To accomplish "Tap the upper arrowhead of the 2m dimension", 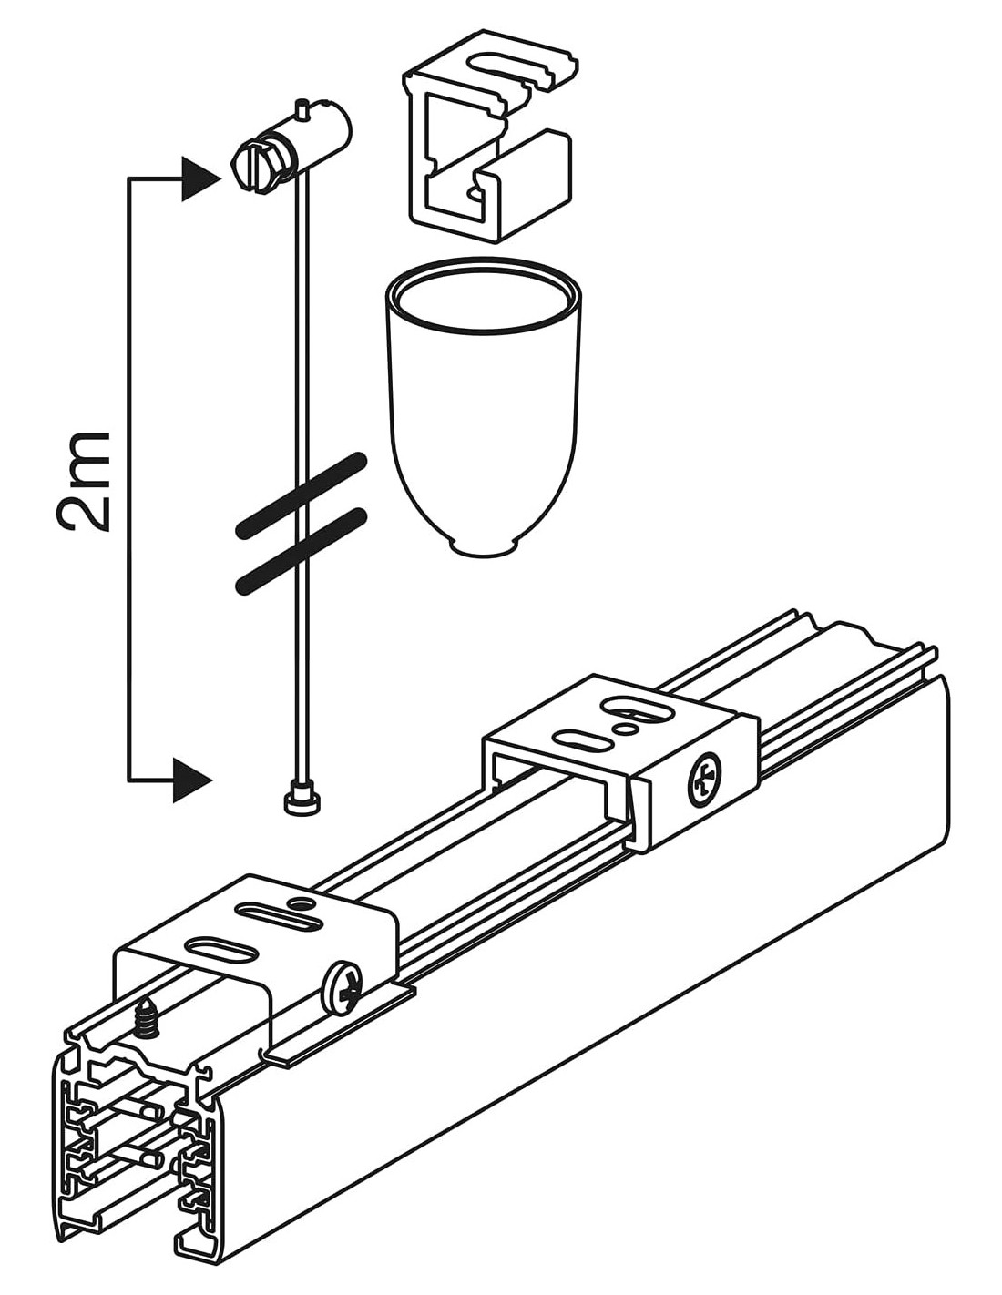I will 199,178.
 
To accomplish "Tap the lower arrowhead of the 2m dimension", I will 191,780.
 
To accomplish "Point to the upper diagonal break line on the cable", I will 301,493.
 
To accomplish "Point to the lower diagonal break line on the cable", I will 301,551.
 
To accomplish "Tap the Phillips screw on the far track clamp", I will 704,780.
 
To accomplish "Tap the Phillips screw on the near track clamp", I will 343,987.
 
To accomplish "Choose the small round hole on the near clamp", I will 295,904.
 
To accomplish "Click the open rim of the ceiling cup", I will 482,296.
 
